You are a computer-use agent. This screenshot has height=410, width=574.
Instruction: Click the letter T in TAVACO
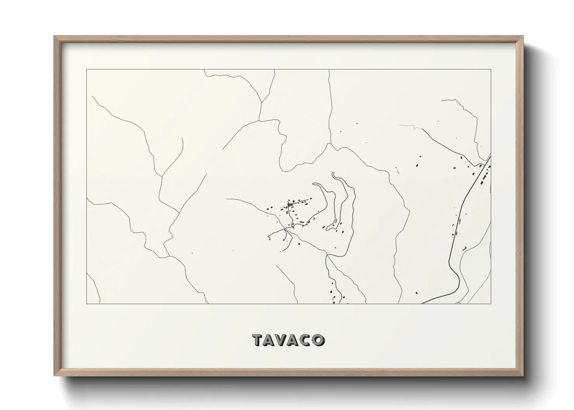[x=258, y=340]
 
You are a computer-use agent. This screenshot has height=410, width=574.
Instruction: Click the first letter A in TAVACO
[x=271, y=340]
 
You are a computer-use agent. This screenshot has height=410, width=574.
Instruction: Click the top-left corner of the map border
[x=86, y=69]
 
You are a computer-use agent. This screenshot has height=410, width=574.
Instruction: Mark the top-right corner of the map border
[x=491, y=69]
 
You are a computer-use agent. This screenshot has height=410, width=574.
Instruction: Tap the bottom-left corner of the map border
[x=86, y=303]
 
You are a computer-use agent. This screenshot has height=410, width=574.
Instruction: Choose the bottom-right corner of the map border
[x=491, y=303]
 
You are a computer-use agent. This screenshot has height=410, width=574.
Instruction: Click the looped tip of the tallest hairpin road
[x=334, y=174]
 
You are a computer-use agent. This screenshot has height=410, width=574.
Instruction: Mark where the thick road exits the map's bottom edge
[x=425, y=303]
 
